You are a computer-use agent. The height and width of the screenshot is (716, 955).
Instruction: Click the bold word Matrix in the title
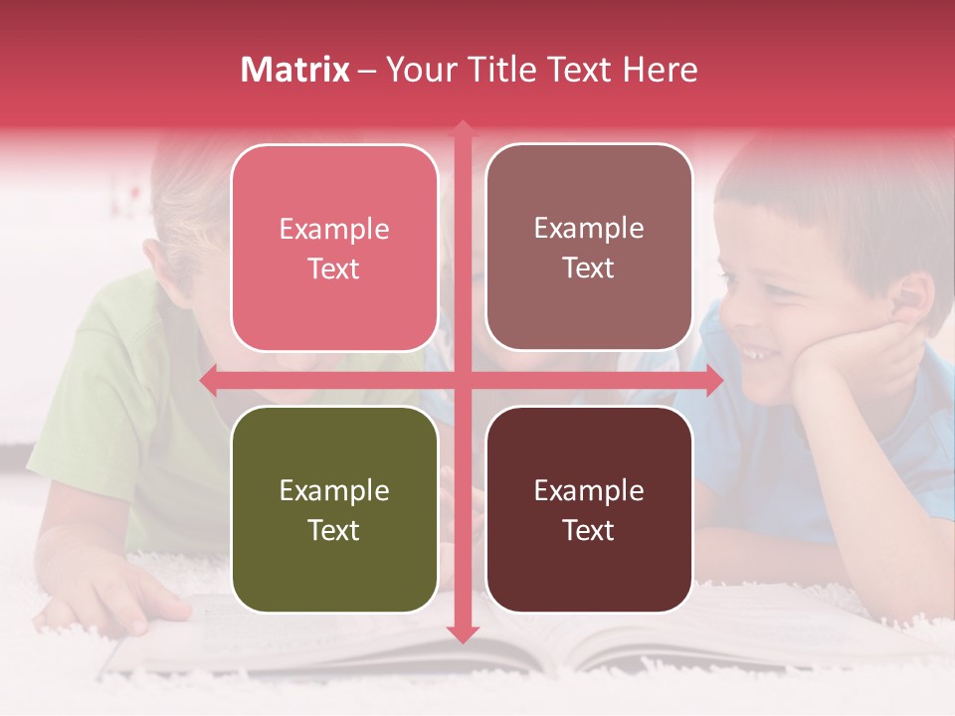[295, 70]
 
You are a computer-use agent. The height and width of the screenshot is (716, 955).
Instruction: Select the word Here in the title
[660, 70]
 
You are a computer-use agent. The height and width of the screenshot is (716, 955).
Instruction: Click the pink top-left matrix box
[334, 248]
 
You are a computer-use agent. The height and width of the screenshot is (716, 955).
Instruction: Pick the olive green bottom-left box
[334, 509]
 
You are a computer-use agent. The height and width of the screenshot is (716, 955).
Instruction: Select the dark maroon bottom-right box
[589, 509]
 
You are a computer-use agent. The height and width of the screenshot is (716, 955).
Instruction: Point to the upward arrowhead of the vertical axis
[463, 130]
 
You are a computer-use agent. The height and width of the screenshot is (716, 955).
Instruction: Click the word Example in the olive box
[334, 490]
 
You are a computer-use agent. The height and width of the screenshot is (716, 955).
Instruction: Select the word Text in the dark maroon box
[589, 530]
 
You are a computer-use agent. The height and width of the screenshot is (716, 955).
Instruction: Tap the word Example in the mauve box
[589, 228]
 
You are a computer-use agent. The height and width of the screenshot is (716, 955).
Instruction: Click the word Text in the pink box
[334, 268]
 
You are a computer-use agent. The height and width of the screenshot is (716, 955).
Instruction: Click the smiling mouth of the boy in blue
[758, 353]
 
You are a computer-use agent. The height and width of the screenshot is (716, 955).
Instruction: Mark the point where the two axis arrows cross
[463, 380]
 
